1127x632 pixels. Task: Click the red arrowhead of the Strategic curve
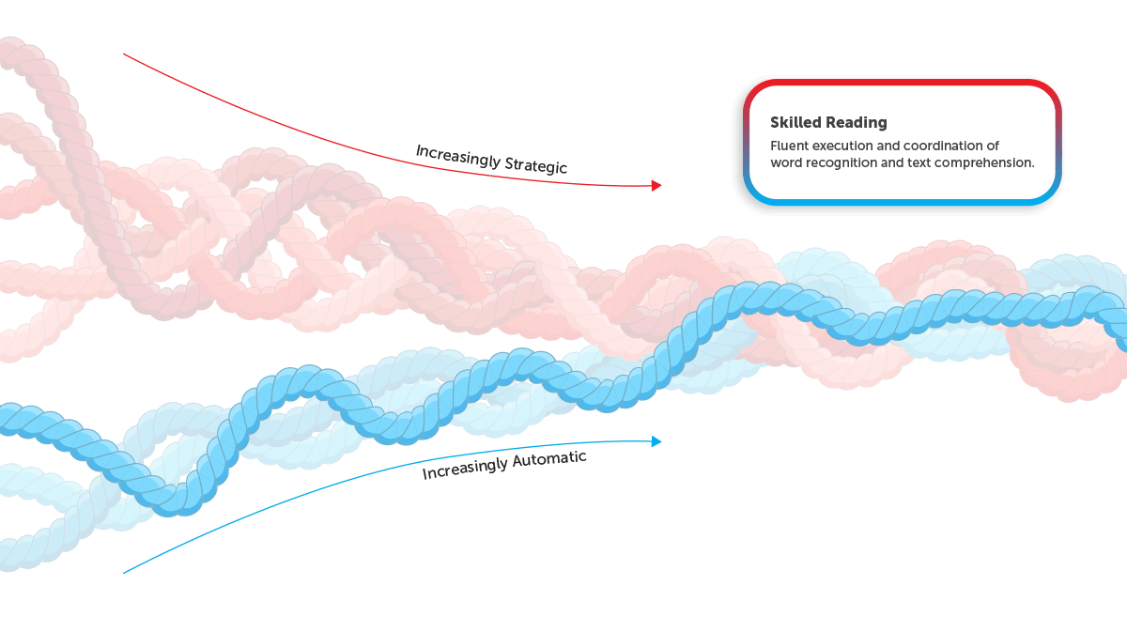656,186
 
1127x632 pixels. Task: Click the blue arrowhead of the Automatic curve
656,441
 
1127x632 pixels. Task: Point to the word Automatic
549,460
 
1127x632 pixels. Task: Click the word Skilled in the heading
796,122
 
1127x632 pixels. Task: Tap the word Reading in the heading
857,123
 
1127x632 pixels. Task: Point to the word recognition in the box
840,163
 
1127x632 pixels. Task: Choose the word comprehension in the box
984,163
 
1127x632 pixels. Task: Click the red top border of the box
903,82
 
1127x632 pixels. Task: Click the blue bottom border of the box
903,202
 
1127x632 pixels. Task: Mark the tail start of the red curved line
124,54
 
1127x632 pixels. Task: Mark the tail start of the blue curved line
124,573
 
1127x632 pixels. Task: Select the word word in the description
785,163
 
